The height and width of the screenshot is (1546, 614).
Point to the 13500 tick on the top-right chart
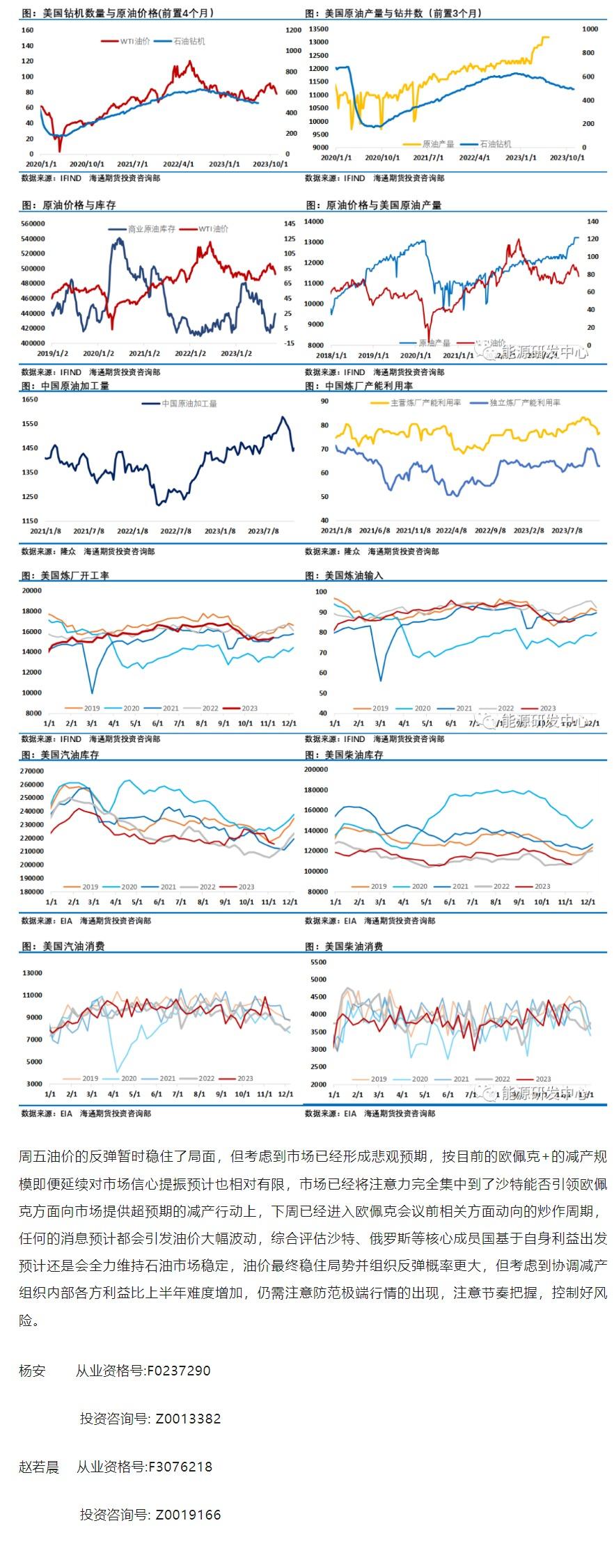click(318, 29)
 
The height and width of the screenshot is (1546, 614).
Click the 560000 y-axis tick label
click(33, 223)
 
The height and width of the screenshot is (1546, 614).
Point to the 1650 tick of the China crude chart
click(30, 400)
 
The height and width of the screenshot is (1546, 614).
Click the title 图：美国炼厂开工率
click(65, 576)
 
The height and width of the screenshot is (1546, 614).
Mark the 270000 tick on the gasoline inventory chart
click(33, 771)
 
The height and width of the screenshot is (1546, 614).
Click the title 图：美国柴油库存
click(345, 755)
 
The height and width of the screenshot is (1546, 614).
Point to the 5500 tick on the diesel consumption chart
click(318, 962)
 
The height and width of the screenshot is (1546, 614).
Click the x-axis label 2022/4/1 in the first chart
click(179, 164)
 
